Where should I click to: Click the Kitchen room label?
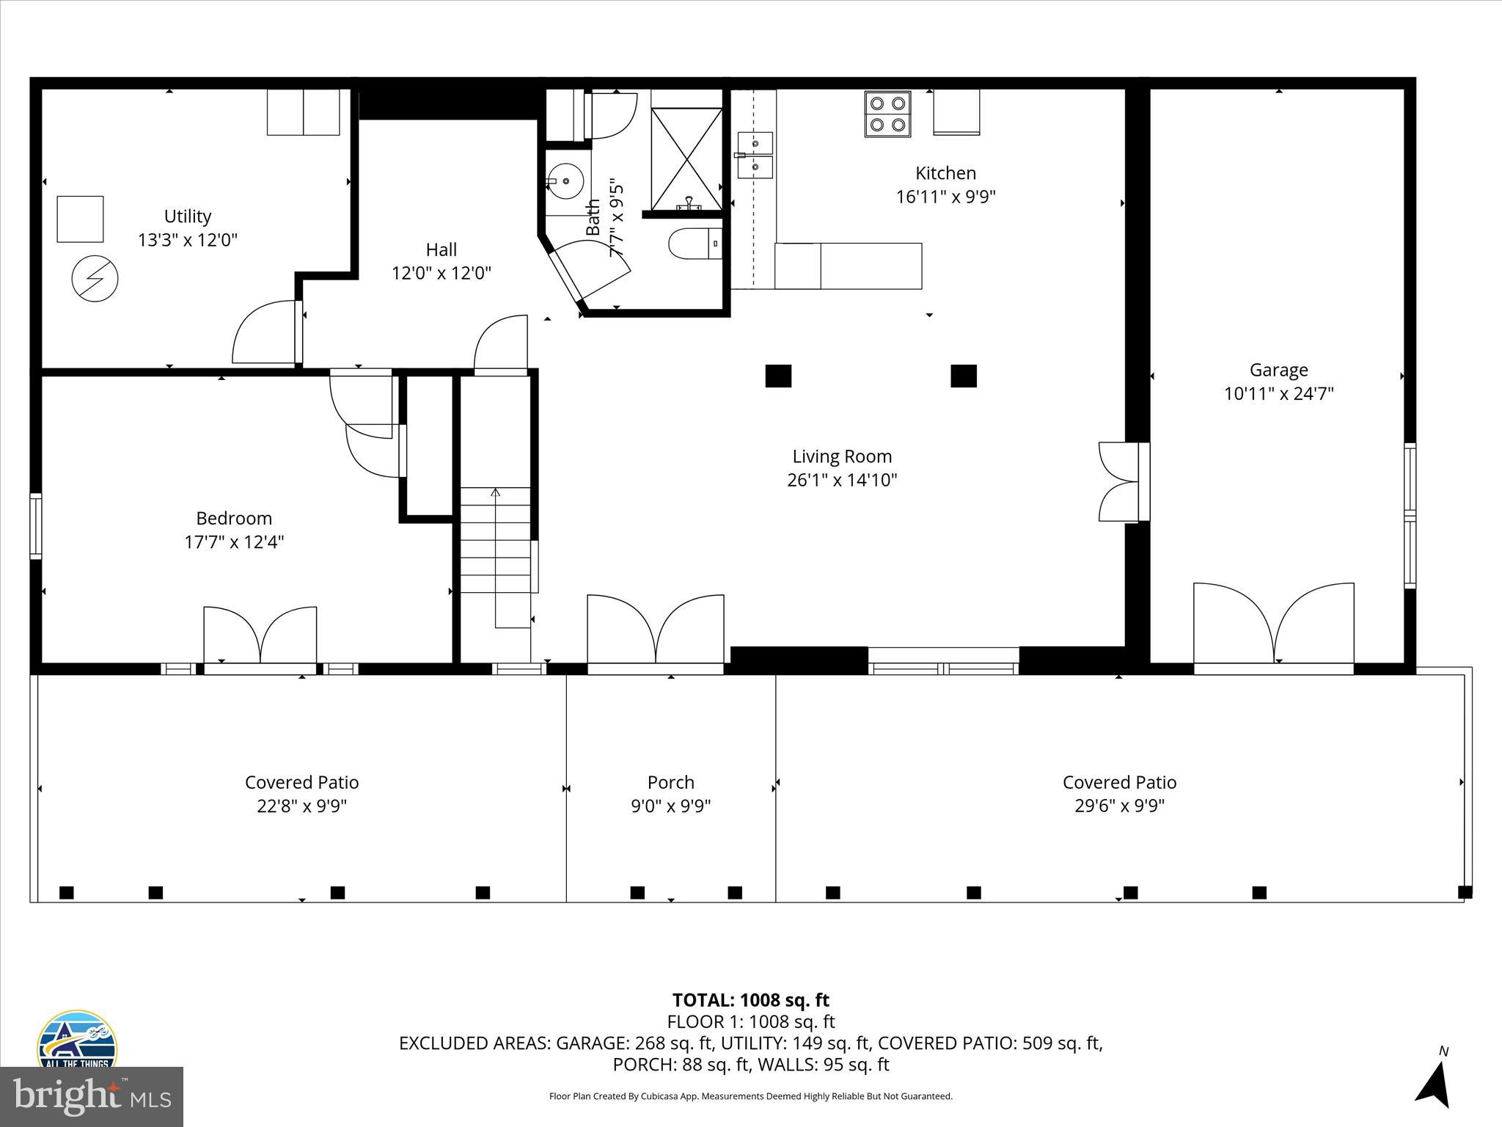(x=945, y=173)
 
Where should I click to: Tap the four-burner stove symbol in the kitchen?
(x=887, y=114)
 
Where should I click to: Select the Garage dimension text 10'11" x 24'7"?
(x=1278, y=394)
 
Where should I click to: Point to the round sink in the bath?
(x=565, y=179)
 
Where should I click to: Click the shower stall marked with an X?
(x=686, y=159)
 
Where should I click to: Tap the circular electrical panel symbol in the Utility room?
(x=95, y=279)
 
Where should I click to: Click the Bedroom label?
(x=234, y=519)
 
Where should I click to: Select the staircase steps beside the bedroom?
(x=496, y=540)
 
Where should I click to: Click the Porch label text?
(x=670, y=782)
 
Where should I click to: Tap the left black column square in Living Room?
(x=778, y=376)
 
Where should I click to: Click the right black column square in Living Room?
(x=964, y=376)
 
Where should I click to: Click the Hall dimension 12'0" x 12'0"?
(x=442, y=274)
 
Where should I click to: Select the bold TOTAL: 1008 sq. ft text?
(x=750, y=1000)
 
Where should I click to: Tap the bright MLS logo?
(x=92, y=1096)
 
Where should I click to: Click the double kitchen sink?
(x=755, y=155)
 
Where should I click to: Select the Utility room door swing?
(x=264, y=333)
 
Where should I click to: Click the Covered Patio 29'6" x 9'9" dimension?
(x=1119, y=806)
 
